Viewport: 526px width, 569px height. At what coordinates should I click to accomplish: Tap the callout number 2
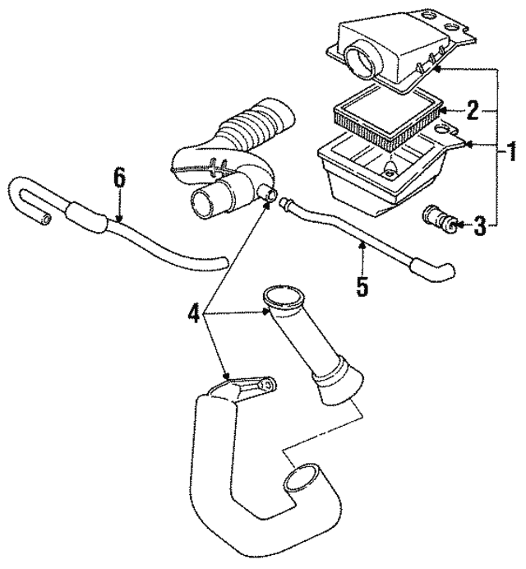coord(473,110)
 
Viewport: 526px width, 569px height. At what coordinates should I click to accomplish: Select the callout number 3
coord(479,225)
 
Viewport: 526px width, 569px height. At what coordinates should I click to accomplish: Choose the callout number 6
coord(119,178)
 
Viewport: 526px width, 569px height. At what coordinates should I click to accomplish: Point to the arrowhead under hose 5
coord(362,246)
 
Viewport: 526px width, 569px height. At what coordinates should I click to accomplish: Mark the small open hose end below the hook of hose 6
coord(46,219)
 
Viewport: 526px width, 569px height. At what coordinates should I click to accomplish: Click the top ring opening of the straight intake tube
coord(284,296)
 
